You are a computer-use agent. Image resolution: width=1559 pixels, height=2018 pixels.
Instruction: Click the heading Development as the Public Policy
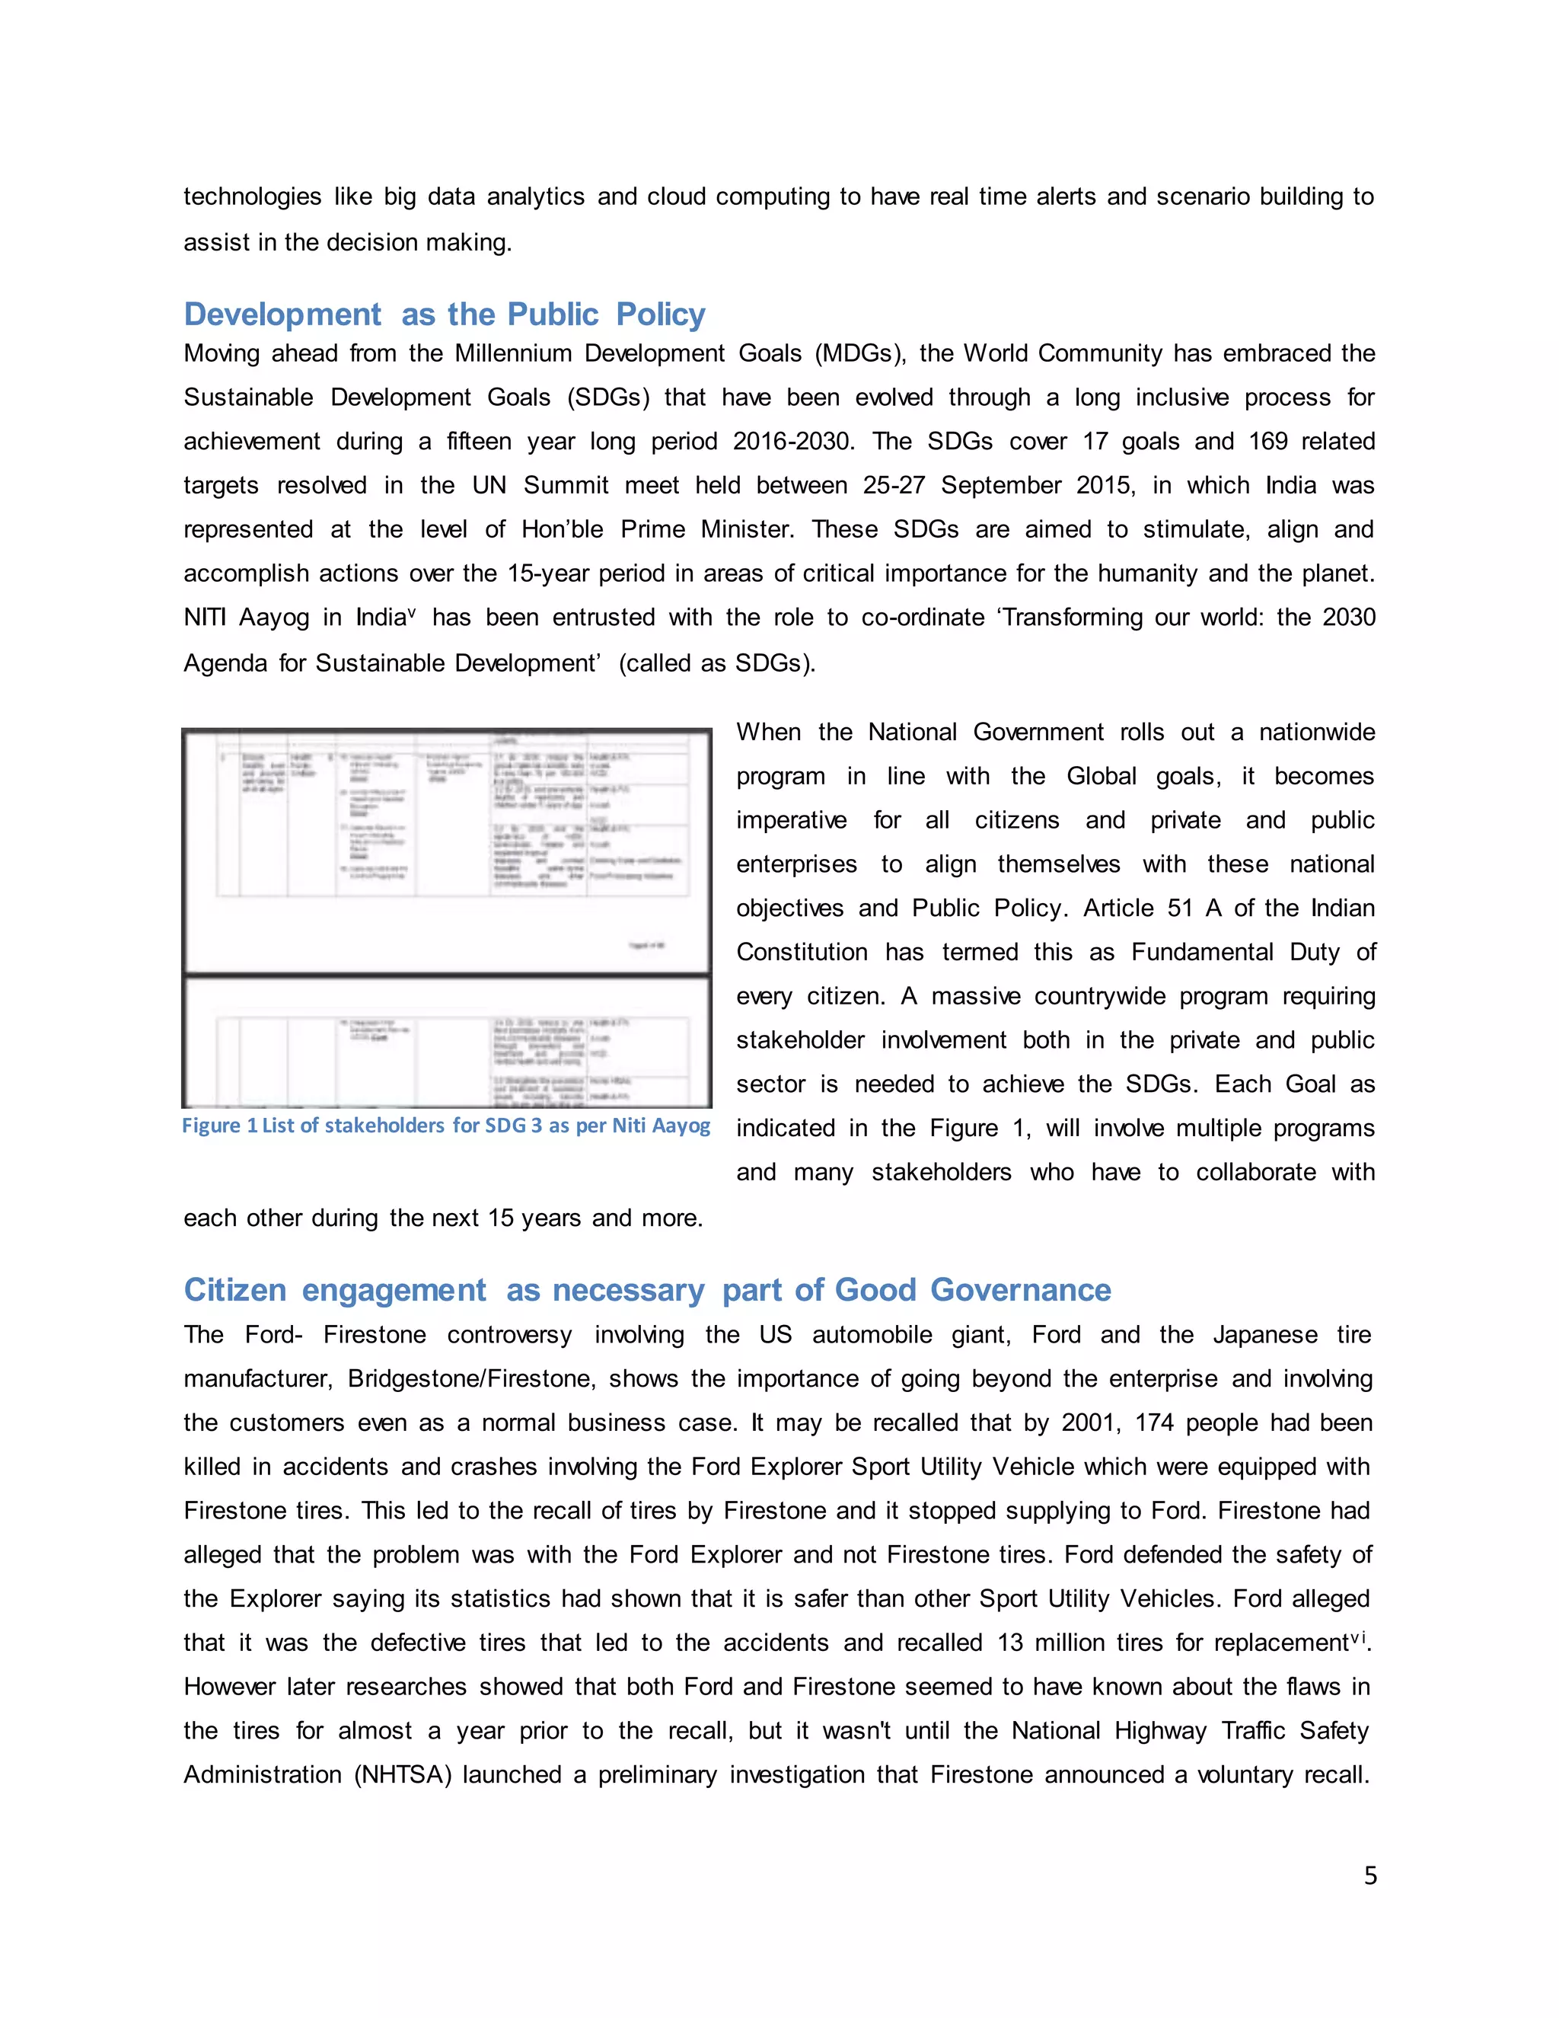tap(445, 315)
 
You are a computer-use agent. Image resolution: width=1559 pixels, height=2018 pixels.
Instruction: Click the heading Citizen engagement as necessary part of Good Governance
tap(646, 1290)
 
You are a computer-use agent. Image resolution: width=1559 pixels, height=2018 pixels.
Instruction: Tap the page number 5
tap(1370, 1876)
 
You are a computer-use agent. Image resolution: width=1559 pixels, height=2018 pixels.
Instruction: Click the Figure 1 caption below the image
tap(445, 1126)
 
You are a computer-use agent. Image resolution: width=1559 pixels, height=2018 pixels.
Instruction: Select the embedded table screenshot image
tap(446, 918)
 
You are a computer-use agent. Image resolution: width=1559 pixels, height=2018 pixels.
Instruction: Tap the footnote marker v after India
tap(412, 611)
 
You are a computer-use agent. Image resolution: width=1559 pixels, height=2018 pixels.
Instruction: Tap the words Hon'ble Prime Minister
tap(654, 530)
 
